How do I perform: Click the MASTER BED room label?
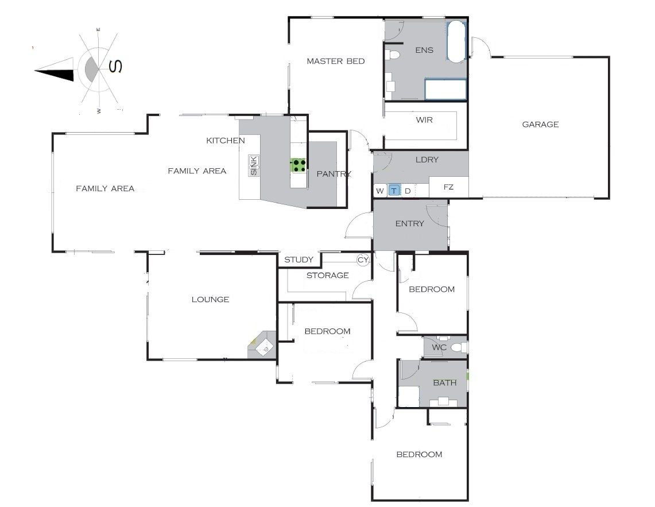click(335, 61)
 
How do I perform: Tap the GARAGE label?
click(540, 124)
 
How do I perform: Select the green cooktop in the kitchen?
click(299, 165)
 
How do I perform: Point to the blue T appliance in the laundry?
click(394, 191)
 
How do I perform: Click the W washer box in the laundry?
click(379, 191)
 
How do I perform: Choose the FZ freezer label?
click(448, 187)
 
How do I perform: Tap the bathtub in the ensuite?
click(456, 41)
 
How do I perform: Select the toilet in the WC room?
click(459, 347)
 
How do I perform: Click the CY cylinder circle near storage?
click(363, 260)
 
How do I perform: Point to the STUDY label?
click(299, 260)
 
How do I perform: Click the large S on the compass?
click(115, 66)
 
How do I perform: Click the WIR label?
click(424, 120)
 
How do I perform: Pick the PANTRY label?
click(334, 174)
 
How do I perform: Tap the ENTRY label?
click(409, 223)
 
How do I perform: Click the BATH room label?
click(444, 382)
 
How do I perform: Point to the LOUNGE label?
click(210, 299)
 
